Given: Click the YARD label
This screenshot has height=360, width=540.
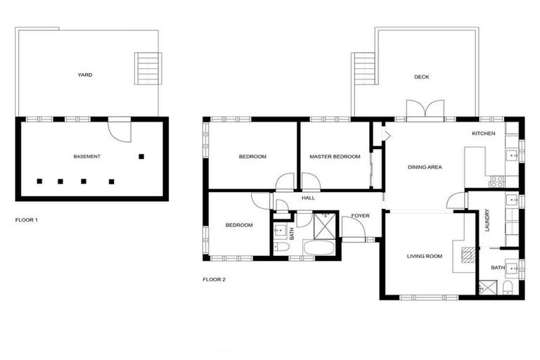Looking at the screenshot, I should click(x=84, y=75).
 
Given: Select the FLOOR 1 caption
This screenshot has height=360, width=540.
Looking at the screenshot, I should click(x=27, y=220).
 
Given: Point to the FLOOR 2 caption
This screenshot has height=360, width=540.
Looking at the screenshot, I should click(x=214, y=279).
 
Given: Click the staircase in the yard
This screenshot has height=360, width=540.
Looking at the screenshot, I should click(x=147, y=69).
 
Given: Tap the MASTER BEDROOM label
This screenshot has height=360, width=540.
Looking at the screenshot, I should click(x=335, y=156).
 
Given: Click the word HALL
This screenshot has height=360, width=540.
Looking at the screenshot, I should click(x=308, y=198).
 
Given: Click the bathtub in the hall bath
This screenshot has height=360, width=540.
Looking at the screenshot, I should click(x=312, y=248).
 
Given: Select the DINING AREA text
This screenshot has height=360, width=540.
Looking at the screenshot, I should click(x=425, y=167).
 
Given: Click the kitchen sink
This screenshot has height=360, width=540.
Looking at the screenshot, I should click(x=520, y=148).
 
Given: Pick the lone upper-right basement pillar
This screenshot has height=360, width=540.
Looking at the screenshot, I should click(x=141, y=156).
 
